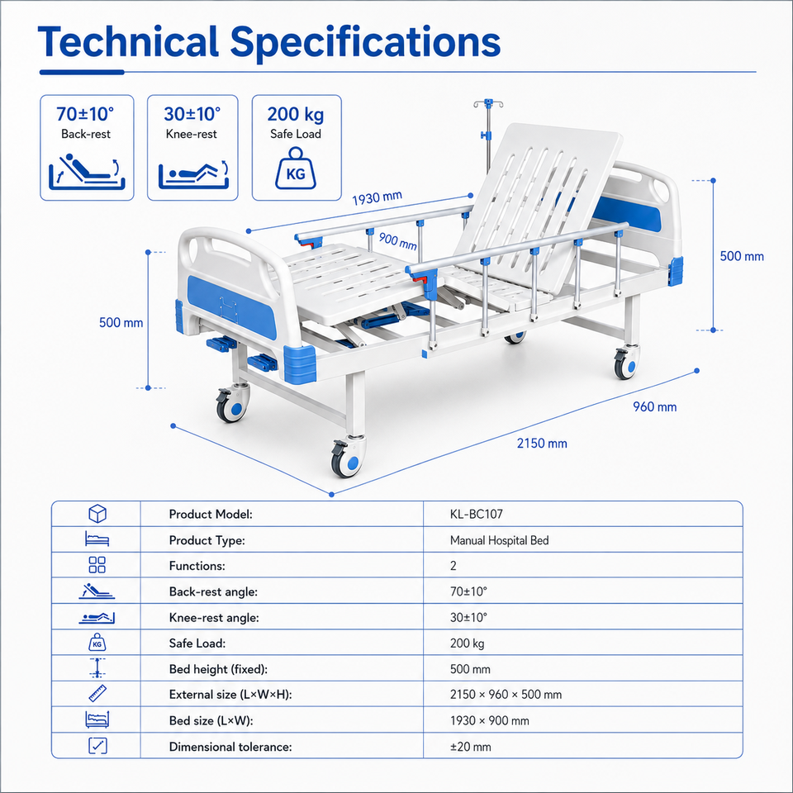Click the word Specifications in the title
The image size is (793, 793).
[365, 43]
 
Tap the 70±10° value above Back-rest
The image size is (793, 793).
[85, 114]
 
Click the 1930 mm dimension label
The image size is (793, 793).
[378, 197]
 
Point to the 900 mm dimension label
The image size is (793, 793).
[398, 240]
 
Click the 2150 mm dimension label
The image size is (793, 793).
[542, 444]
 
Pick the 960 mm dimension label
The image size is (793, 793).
[655, 406]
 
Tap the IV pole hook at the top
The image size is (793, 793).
[488, 104]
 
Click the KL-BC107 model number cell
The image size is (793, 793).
[477, 515]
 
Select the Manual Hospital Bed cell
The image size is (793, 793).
[499, 540]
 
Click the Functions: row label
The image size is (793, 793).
[197, 566]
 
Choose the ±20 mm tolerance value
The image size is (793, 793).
[470, 747]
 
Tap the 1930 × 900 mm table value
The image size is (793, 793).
[490, 720]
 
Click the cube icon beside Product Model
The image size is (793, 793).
[97, 514]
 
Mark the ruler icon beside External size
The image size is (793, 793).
[97, 694]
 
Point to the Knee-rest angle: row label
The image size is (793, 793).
[214, 618]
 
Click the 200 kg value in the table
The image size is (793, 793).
[467, 643]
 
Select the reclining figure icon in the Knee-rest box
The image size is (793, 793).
[193, 175]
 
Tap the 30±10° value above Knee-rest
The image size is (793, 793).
[192, 114]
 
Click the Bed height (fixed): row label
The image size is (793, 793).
[218, 669]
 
